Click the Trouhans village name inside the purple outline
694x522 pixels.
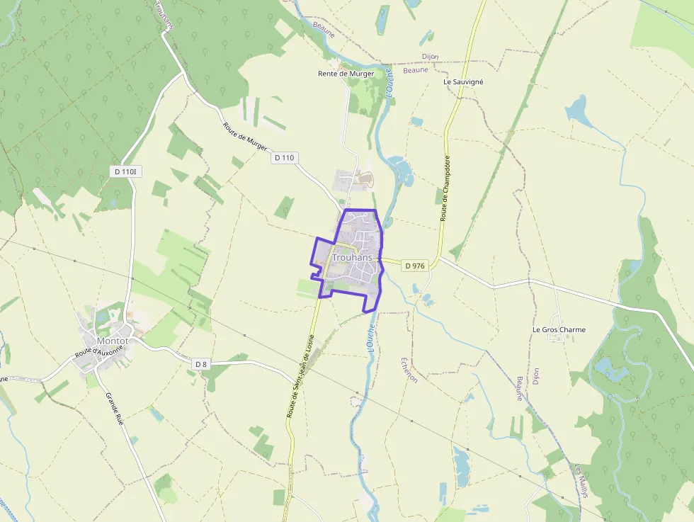352,258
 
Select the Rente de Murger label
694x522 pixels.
346,74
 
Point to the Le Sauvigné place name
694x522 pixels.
463,82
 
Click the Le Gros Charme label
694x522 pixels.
559,330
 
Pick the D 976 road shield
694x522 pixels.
415,266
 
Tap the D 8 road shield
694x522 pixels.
202,364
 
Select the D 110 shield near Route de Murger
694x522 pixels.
283,158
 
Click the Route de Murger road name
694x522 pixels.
245,136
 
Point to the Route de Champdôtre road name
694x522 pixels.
445,188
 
